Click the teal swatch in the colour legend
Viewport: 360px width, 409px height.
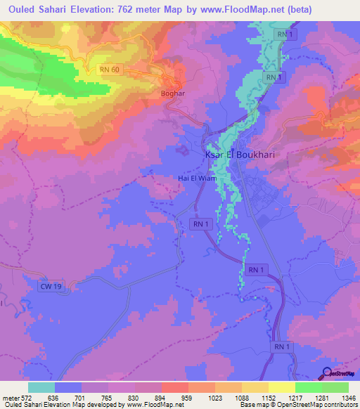click(x=41, y=387)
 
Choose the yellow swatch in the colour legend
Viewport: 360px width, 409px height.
click(x=282, y=387)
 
